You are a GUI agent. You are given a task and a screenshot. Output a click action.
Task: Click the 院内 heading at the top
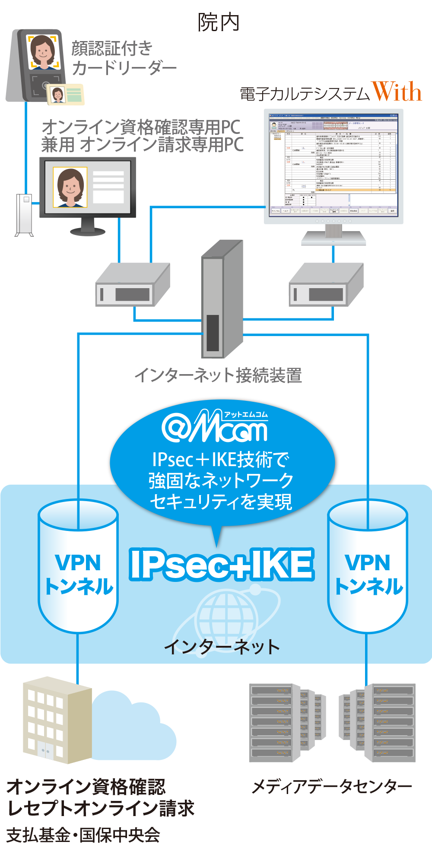pos(219,22)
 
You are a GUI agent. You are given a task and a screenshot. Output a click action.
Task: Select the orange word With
pos(397,92)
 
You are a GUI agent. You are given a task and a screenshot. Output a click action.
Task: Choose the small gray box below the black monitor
pos(132,286)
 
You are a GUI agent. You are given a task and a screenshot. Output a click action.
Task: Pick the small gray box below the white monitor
pos(326,286)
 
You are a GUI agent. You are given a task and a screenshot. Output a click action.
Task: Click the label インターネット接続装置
pos(218,375)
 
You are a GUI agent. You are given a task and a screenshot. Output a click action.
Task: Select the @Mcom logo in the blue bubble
pos(215,427)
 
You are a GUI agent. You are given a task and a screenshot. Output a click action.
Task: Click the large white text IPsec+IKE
pos(221,565)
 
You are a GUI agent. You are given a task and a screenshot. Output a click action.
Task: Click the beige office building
pos(56,720)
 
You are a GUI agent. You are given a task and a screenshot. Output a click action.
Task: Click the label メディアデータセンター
pos(332,787)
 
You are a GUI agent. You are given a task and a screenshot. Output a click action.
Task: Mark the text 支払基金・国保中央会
pos(83,835)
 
